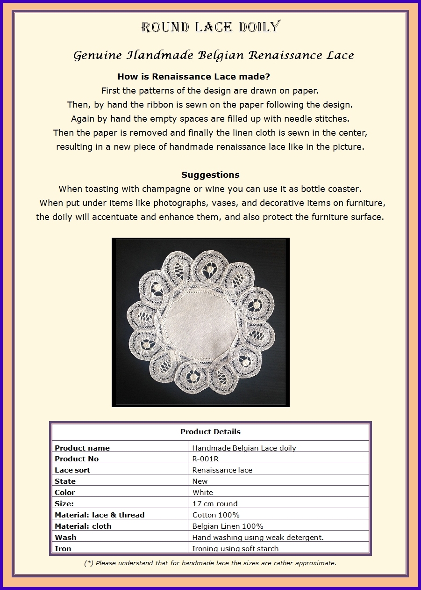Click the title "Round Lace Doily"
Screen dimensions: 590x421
(210, 27)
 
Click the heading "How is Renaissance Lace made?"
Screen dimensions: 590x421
(194, 76)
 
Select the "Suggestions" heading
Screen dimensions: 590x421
(210, 175)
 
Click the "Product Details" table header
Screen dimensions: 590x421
(210, 431)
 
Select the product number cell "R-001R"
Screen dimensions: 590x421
(206, 459)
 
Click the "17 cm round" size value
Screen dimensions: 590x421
(215, 503)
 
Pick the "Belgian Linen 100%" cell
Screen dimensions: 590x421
(228, 526)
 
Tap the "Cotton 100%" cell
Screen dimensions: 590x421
(216, 515)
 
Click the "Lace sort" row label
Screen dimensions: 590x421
(72, 470)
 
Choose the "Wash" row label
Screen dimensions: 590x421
(65, 537)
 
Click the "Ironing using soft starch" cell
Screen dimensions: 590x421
(235, 548)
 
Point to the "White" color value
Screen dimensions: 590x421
(203, 492)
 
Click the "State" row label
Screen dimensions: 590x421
(65, 481)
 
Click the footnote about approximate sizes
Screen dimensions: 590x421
(210, 563)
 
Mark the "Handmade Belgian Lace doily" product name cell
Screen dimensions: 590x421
(244, 448)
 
